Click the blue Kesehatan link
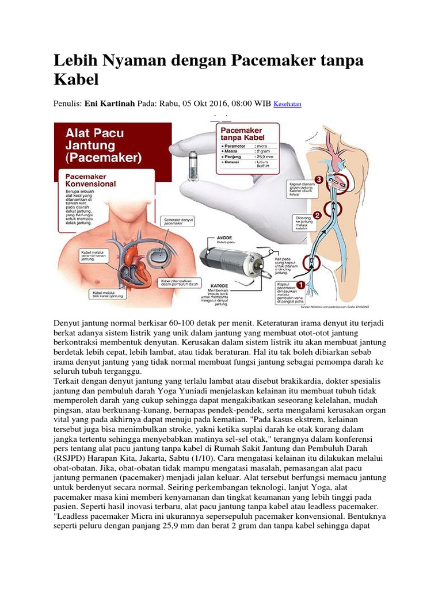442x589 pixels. pos(287,105)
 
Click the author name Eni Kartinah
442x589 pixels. pos(110,104)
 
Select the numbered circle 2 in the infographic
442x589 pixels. pos(316,216)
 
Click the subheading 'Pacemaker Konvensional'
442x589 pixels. pos(90,180)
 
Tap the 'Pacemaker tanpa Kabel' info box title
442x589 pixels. pos(242,136)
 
